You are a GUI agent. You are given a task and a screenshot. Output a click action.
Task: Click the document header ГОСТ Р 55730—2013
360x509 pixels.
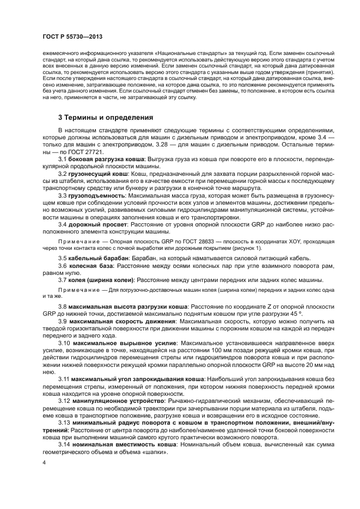[x=72, y=37]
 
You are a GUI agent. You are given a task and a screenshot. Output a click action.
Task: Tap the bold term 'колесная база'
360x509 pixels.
[x=91, y=265]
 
